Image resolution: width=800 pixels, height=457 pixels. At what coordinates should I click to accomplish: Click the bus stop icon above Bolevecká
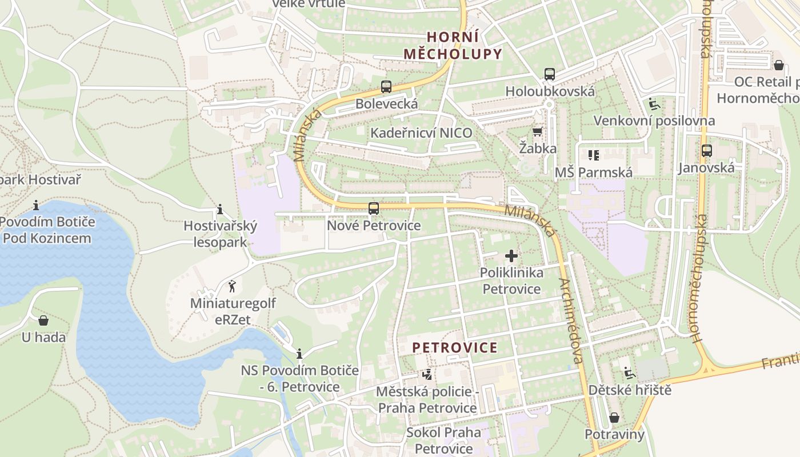(x=386, y=87)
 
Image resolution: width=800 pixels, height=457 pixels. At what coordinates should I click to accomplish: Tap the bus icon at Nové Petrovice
(x=373, y=209)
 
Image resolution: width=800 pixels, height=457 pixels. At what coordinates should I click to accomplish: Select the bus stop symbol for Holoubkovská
(x=549, y=74)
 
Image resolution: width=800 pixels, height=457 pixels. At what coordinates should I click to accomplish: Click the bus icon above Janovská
(x=706, y=151)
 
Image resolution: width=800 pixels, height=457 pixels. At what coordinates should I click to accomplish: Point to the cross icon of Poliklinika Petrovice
(x=511, y=255)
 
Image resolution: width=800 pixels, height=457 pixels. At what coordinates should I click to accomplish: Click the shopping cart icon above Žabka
(x=537, y=132)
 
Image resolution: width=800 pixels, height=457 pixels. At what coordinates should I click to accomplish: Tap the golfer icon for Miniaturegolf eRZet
(x=232, y=286)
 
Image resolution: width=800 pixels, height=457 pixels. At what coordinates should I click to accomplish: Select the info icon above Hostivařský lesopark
(x=220, y=209)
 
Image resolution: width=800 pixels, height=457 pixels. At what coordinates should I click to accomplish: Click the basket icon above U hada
(x=43, y=320)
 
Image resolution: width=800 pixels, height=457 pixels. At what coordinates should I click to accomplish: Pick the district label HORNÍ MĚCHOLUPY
(x=453, y=46)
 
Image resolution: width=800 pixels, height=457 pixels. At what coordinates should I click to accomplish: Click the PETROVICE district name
(x=455, y=347)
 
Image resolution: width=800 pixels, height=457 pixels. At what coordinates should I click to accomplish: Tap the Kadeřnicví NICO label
(x=421, y=133)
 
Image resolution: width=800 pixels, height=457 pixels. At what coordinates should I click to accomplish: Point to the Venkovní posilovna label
(x=654, y=121)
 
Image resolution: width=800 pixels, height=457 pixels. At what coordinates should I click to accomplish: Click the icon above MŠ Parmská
(x=593, y=155)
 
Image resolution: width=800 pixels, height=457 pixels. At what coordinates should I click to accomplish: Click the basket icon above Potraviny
(x=614, y=418)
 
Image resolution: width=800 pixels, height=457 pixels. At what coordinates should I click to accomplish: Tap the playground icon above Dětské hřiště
(x=629, y=373)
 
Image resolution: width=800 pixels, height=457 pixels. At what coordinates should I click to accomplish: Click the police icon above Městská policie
(x=426, y=375)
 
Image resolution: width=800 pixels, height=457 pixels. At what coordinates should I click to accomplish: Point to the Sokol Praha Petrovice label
(x=443, y=440)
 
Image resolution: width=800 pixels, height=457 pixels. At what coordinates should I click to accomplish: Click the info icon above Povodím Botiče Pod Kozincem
(x=36, y=205)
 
